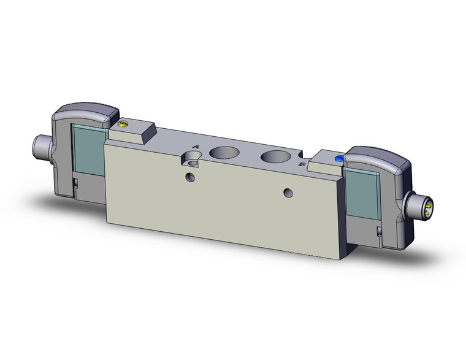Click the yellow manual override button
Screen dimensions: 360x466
click(121, 125)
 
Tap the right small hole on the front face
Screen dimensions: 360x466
click(287, 193)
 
